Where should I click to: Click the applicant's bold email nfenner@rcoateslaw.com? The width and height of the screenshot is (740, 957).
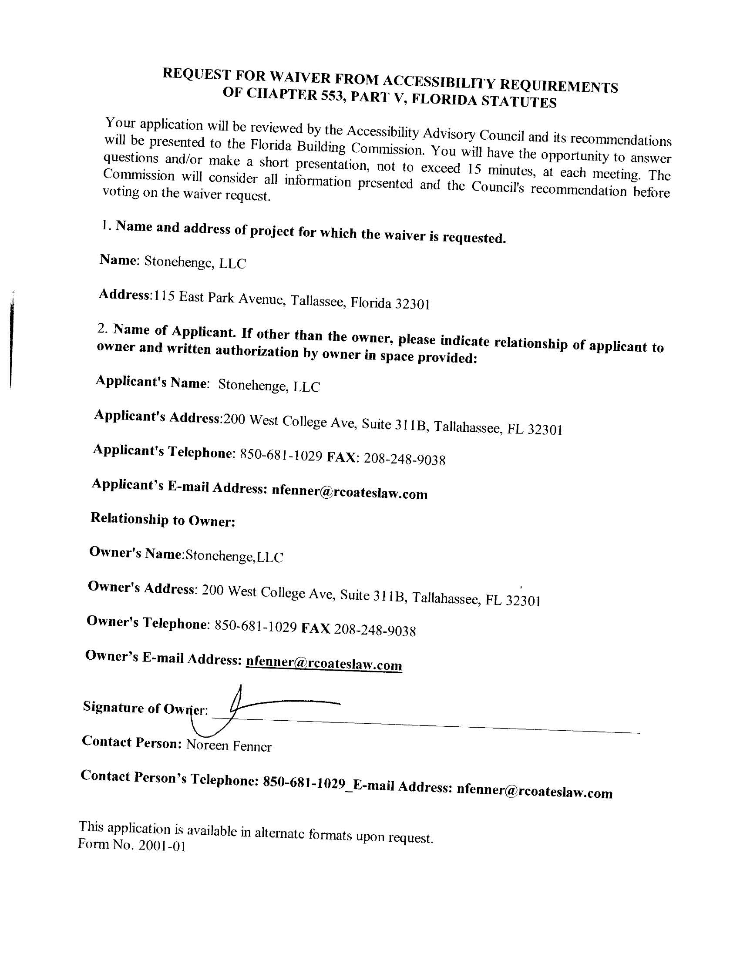coord(350,492)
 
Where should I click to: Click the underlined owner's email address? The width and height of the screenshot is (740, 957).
coord(324,664)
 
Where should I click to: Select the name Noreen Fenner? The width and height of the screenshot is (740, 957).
coord(229,745)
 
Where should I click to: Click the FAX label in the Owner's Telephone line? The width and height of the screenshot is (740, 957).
coord(316,628)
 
